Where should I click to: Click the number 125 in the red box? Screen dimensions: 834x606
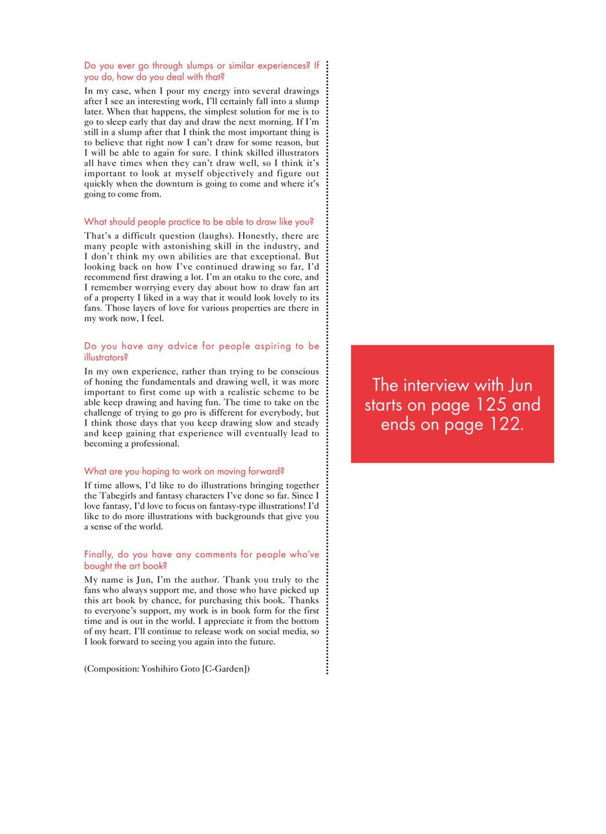click(x=491, y=404)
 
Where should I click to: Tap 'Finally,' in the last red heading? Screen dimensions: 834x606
click(x=98, y=555)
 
